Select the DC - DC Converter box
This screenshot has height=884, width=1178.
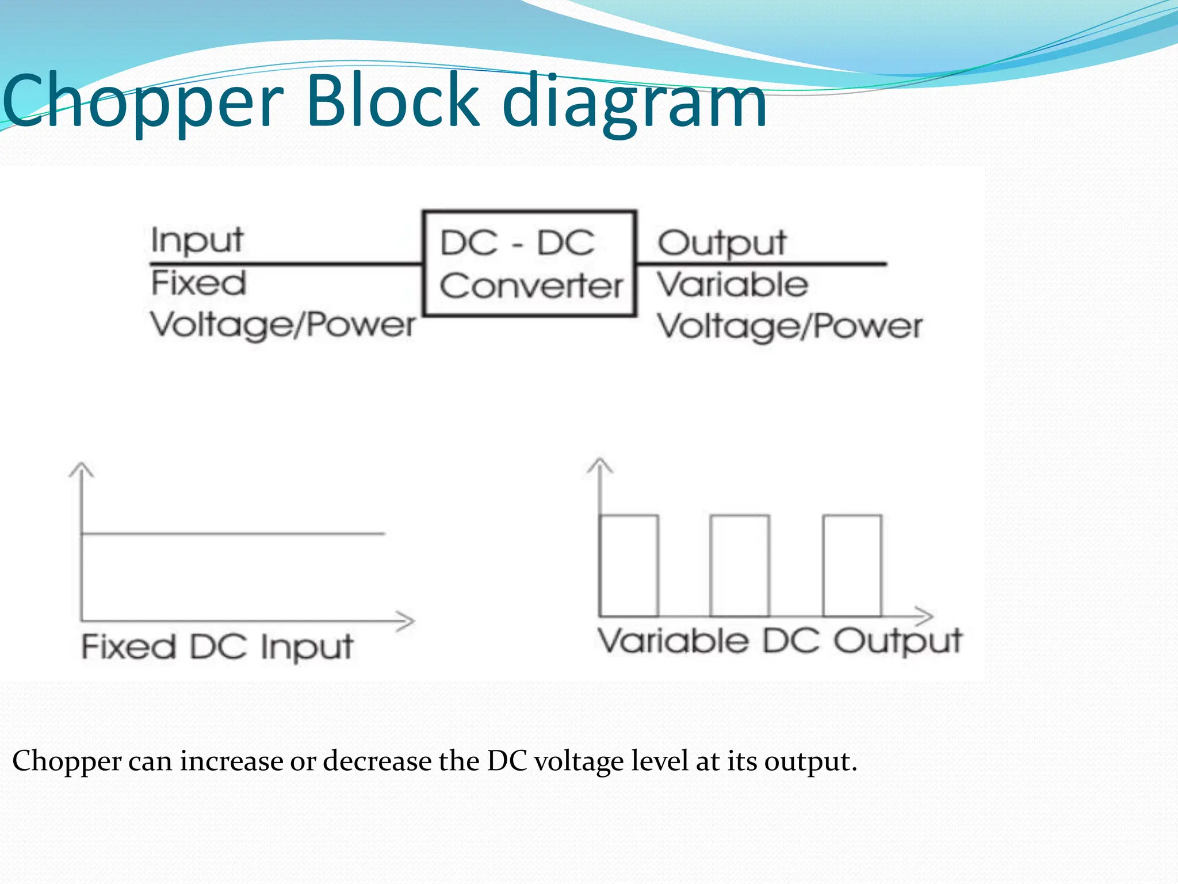point(530,264)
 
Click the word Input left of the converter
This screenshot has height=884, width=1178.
point(197,241)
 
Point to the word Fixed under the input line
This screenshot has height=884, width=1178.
point(198,283)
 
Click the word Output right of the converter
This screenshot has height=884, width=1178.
point(722,243)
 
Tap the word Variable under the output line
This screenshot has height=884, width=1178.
point(733,285)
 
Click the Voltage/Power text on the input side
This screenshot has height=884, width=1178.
point(282,326)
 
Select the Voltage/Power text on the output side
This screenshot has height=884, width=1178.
point(790,327)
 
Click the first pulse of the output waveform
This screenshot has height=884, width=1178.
point(629,565)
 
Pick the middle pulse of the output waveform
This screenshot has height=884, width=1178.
point(740,565)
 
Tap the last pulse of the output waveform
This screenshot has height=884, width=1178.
point(852,565)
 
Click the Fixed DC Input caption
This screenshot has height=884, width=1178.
point(217,647)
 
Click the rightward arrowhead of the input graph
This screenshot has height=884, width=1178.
point(407,621)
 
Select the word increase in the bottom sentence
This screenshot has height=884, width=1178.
point(232,761)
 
